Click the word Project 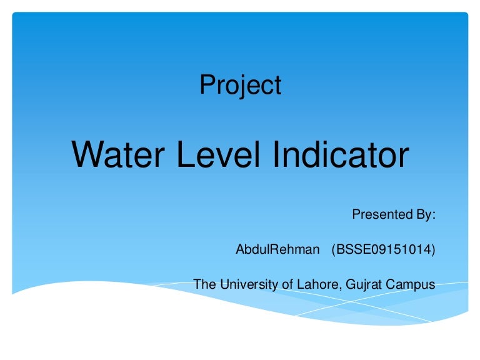pos(241,85)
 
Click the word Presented pos(379,215)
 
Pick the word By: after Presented pos(422,216)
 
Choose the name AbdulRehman pos(277,250)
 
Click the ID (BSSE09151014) pos(383,250)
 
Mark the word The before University pos(204,285)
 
